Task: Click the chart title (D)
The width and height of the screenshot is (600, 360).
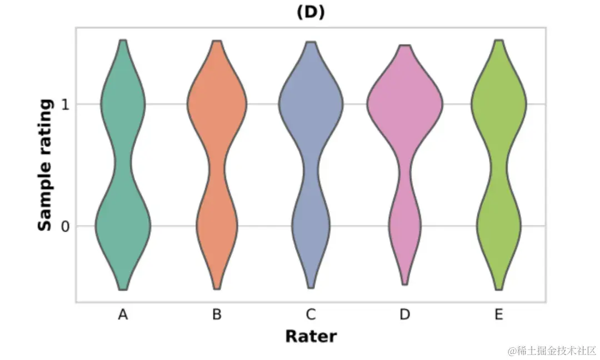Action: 311,12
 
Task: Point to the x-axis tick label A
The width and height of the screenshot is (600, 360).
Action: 123,315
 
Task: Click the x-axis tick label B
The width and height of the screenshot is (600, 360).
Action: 217,315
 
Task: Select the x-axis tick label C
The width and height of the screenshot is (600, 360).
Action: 311,315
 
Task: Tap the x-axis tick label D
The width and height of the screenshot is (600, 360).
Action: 405,315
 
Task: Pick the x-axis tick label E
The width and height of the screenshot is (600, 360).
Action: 498,315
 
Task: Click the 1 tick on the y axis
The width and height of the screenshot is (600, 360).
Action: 64,104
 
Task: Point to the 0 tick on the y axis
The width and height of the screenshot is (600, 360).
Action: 64,226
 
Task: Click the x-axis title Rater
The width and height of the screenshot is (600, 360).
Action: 311,336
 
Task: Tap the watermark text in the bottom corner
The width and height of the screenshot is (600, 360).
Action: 551,351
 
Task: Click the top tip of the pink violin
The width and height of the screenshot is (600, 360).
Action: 405,46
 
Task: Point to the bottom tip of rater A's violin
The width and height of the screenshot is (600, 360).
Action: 123,289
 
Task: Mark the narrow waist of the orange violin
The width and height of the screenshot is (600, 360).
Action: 217,167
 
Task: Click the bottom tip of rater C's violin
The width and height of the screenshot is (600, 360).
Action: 311,287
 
